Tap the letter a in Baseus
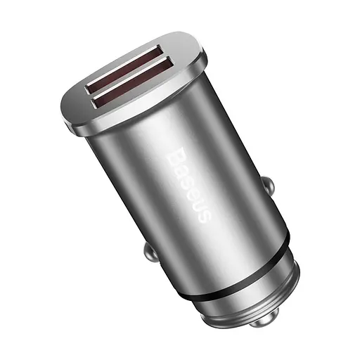point(181,167)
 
